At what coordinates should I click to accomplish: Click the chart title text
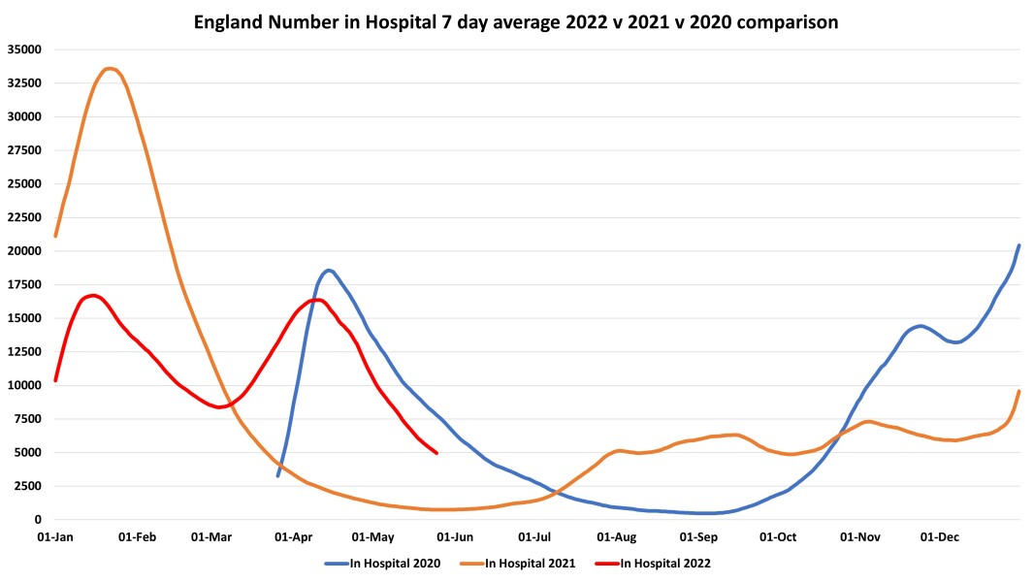pos(515,19)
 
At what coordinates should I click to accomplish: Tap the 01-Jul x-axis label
pos(534,535)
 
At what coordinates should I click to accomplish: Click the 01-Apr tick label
pos(294,535)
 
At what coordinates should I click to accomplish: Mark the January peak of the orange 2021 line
pos(110,68)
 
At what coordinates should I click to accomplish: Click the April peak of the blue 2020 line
pos(329,270)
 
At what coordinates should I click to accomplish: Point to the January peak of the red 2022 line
pos(92,295)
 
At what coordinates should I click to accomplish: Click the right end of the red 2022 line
pos(436,453)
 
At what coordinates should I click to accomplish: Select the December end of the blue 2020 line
pos(1018,245)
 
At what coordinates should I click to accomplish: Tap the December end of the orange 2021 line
pos(1018,391)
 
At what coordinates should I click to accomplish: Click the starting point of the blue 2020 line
pos(277,475)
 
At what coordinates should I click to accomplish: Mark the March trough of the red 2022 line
pos(219,407)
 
